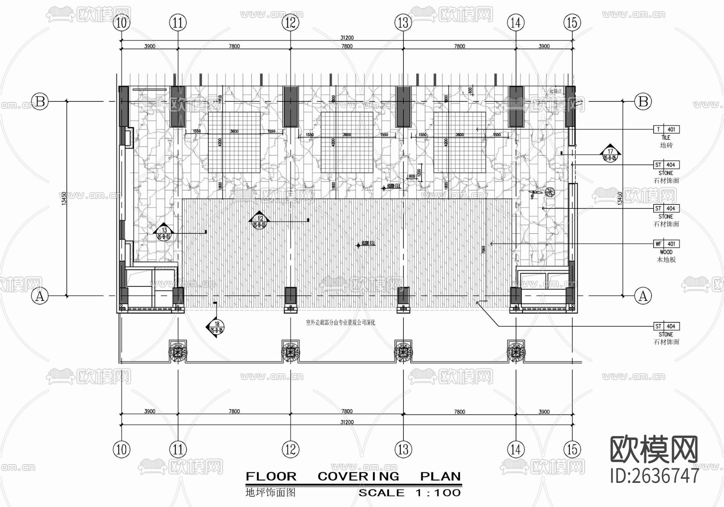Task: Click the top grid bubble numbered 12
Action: tap(290, 23)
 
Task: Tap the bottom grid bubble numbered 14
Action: tap(516, 449)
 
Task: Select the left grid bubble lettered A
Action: tap(40, 296)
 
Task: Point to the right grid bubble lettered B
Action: tap(643, 101)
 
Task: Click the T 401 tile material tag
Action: tap(666, 130)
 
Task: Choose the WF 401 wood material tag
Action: tap(666, 244)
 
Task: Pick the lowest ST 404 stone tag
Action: tap(666, 326)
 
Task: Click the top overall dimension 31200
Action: tap(347, 38)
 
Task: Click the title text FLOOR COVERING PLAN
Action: tap(353, 476)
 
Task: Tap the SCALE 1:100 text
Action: tap(409, 493)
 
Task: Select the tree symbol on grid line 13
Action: tap(403, 351)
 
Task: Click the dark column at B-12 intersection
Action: tap(290, 107)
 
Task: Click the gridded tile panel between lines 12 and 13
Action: tap(347, 142)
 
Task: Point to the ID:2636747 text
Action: tap(654, 475)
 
